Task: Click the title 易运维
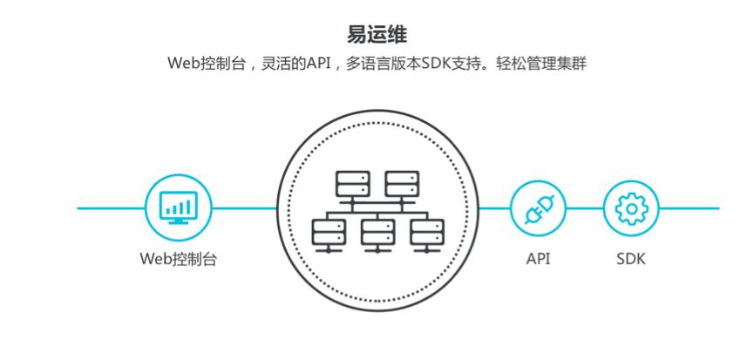(x=377, y=34)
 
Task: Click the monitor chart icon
(x=178, y=208)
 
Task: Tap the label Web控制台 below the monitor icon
(x=178, y=259)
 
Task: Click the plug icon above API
(x=538, y=209)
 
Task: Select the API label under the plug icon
(x=538, y=259)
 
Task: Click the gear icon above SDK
(x=631, y=209)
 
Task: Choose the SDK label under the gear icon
(x=631, y=259)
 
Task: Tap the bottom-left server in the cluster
(x=328, y=233)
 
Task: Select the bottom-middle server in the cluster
(x=377, y=233)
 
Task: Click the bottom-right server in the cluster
(x=427, y=233)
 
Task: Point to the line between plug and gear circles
(x=584, y=208)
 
